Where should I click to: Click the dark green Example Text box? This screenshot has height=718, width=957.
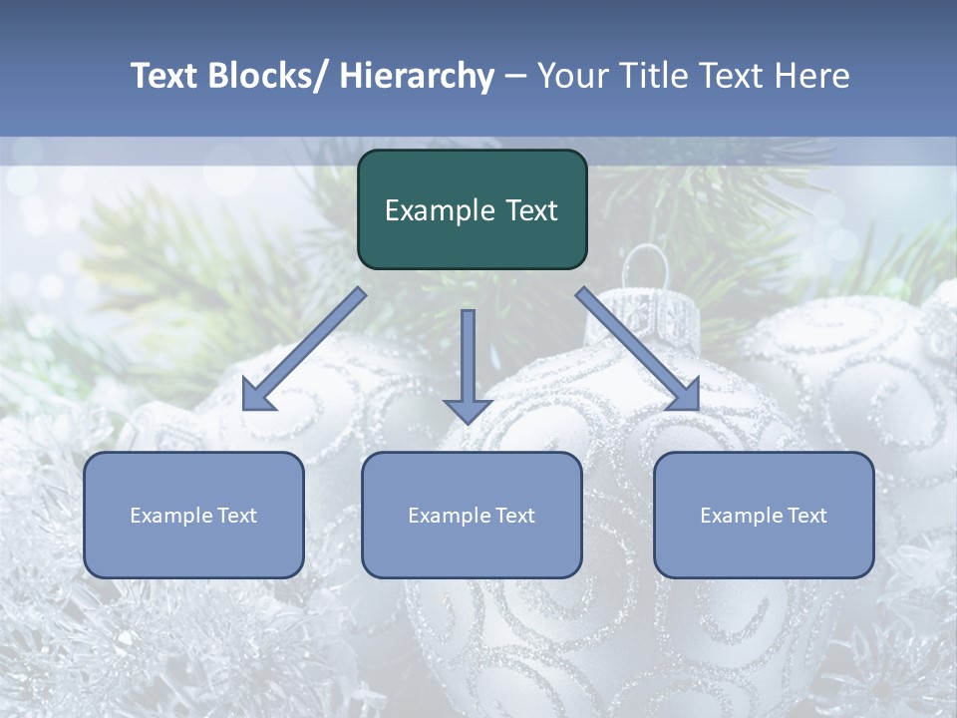(x=472, y=209)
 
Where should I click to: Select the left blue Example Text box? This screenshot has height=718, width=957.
(x=193, y=515)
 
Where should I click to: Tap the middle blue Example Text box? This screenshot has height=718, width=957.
(x=472, y=515)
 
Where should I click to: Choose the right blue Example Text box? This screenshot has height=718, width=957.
(x=764, y=515)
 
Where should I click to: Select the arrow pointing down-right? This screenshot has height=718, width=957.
(x=638, y=349)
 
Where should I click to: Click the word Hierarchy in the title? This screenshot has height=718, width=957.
(x=417, y=76)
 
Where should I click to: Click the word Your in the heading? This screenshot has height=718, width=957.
(x=570, y=76)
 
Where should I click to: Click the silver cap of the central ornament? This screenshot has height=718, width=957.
(x=655, y=314)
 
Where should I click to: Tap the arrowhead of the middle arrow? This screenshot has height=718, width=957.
(x=468, y=409)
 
